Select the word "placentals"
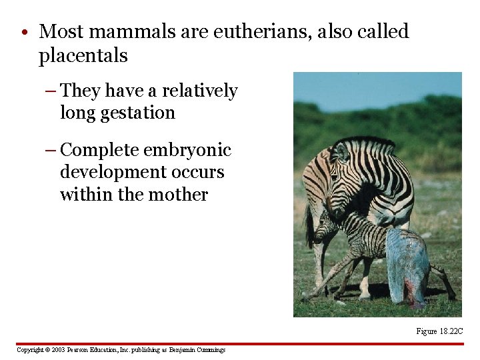coord(83,56)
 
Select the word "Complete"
coord(99,150)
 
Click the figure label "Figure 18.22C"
coord(439,331)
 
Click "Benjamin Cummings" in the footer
coord(197,350)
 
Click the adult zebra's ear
coord(342,153)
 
